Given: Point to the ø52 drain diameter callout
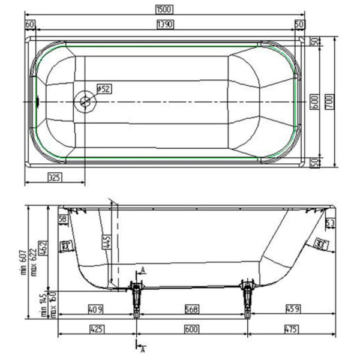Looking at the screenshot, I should coord(103,89).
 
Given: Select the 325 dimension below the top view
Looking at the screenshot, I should coord(56,178).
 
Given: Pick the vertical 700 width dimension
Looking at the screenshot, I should coord(329,101).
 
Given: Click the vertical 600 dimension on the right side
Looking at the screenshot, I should coord(313,101).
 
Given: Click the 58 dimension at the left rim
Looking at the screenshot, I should coord(63,220).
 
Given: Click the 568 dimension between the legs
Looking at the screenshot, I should coord(191,309).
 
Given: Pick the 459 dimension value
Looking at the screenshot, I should coord(292,309).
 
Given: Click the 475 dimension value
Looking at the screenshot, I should coord(291,329).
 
